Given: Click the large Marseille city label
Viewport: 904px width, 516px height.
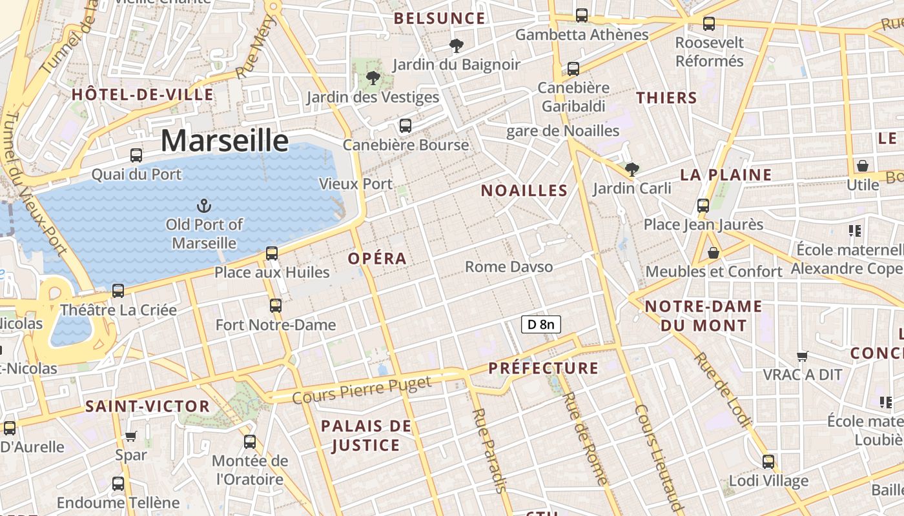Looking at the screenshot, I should pos(224,141).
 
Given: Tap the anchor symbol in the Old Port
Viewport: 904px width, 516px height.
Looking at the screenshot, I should pos(204,206).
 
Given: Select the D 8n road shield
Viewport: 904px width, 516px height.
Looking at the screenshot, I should pos(541,324).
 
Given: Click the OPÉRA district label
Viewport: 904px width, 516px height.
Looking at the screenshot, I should pos(378,259).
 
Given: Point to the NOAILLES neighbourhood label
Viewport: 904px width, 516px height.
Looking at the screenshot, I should pos(524,191).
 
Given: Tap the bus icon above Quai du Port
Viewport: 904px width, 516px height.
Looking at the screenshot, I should pos(136,155).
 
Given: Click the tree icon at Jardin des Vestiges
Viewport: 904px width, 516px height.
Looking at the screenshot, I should pos(373,79).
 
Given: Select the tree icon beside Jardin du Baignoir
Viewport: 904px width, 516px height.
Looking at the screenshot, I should pos(457,46).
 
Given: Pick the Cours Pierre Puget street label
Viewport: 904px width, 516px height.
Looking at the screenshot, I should pos(362,391).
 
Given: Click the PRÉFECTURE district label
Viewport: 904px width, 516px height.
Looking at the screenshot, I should pos(544,368).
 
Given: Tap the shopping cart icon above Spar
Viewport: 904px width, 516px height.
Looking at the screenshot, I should pos(131,436).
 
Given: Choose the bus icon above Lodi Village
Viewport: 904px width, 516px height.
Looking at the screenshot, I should pos(768,462).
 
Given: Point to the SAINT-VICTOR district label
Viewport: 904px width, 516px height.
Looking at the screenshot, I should pos(148,406).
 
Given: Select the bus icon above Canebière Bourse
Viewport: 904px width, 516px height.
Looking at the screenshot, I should pos(406,126).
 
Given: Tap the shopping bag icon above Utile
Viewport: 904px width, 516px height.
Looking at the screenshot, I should pos(863,166).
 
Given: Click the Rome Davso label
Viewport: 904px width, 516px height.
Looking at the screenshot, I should pos(509,266).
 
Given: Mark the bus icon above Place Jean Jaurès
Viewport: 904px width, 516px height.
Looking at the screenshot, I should pos(703,206).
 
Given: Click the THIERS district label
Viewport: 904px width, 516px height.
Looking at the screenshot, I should pos(666,98).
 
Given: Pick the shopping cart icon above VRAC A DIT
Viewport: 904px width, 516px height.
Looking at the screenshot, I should pos(803,356).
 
